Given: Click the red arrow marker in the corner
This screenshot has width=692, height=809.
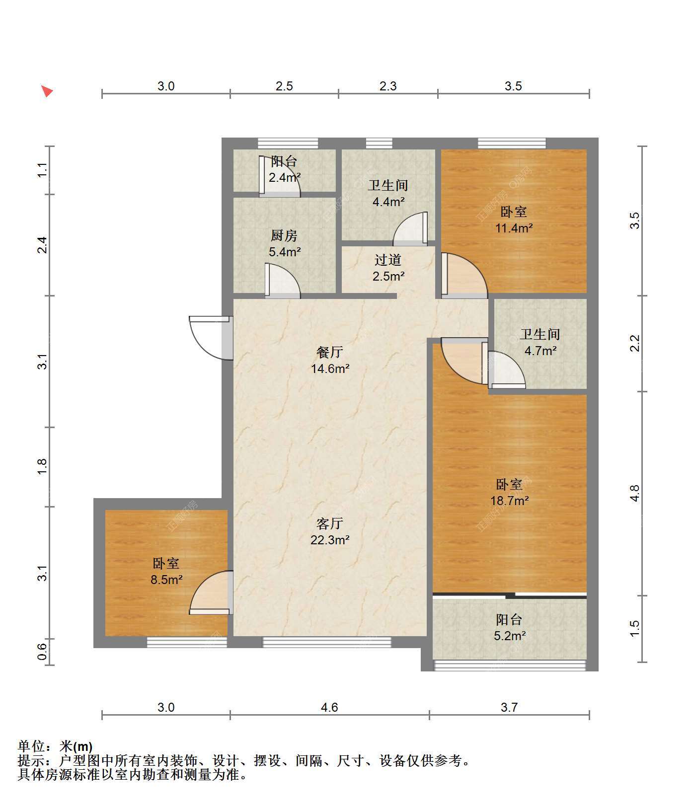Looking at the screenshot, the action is [47, 91].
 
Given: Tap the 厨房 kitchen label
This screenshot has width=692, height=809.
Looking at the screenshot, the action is [284, 235].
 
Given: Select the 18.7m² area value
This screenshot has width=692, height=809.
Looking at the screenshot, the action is [510, 501].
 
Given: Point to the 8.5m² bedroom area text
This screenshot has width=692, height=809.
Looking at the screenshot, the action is [166, 579].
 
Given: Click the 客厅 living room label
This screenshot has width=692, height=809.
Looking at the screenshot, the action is [330, 523].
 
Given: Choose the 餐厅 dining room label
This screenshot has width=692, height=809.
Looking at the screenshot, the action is [330, 352].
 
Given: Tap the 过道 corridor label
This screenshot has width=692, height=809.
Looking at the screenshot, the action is [388, 260].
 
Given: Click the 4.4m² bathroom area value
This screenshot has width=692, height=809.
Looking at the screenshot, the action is [388, 202].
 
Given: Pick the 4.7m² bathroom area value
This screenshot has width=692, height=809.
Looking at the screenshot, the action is [540, 351].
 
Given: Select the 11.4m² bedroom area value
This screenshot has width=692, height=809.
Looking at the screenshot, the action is [514, 228].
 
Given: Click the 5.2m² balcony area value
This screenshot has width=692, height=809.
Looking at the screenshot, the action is [510, 636].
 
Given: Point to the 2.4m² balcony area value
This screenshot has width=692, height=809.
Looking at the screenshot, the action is [285, 177].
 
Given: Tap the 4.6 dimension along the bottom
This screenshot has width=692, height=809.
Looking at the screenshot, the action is [329, 707].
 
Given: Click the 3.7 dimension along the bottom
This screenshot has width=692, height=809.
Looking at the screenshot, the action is [509, 707].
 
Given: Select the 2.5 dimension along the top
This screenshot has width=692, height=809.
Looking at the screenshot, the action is [284, 86].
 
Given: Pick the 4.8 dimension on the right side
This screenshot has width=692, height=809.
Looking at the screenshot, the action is [634, 493].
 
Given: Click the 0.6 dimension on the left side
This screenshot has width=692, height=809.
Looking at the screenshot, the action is [42, 652].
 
